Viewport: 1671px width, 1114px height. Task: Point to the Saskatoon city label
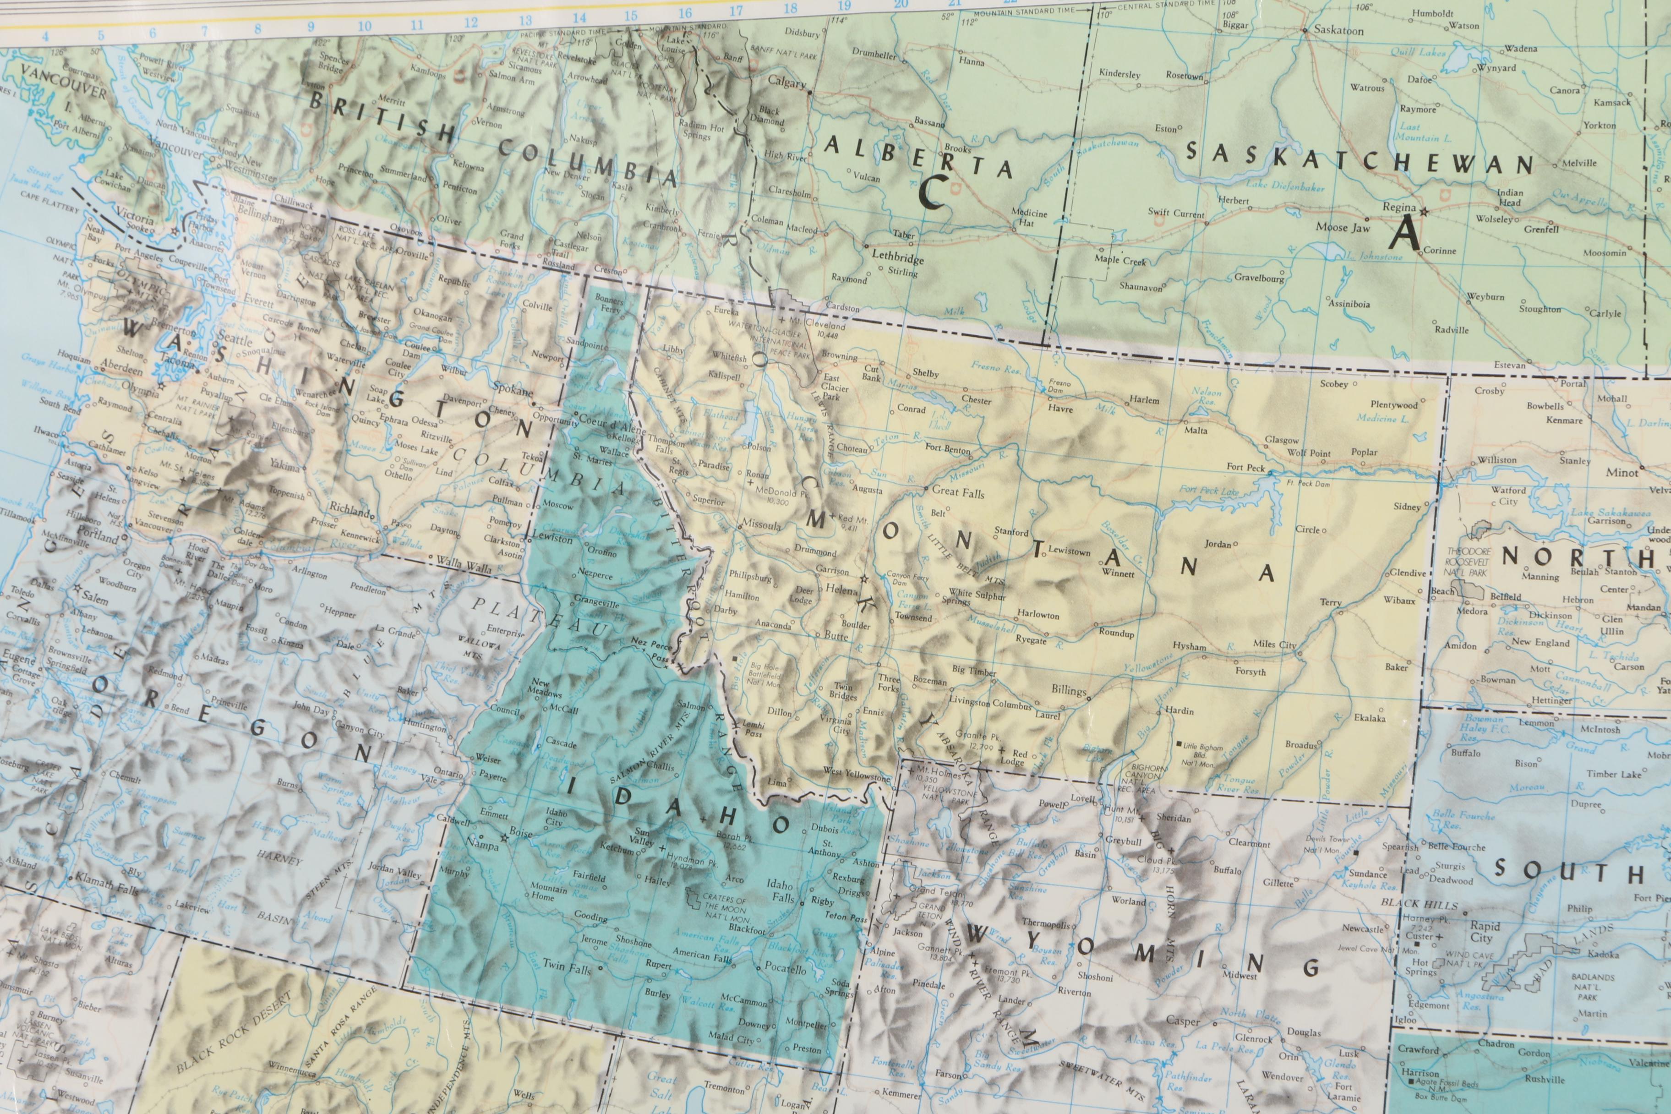point(1338,31)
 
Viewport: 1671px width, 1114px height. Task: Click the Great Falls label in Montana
point(958,491)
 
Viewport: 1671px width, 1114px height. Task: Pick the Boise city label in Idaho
point(521,833)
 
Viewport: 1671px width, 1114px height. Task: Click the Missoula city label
point(761,525)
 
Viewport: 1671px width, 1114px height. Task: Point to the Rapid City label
point(1485,931)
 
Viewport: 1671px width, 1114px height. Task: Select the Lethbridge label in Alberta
point(897,257)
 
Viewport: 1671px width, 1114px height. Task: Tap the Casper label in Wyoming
point(1183,1021)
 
